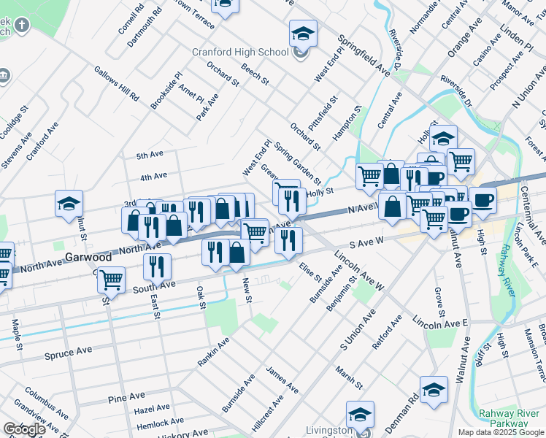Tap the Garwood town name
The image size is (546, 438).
[88, 258]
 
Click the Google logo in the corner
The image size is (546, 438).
[24, 429]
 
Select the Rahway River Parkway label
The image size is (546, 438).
[510, 418]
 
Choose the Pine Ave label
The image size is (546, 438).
[126, 397]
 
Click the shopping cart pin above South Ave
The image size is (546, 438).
[111, 278]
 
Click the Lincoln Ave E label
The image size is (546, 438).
[439, 322]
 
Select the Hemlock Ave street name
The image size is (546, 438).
[159, 423]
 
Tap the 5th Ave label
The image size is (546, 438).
[150, 155]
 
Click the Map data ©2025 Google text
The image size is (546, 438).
[500, 432]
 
